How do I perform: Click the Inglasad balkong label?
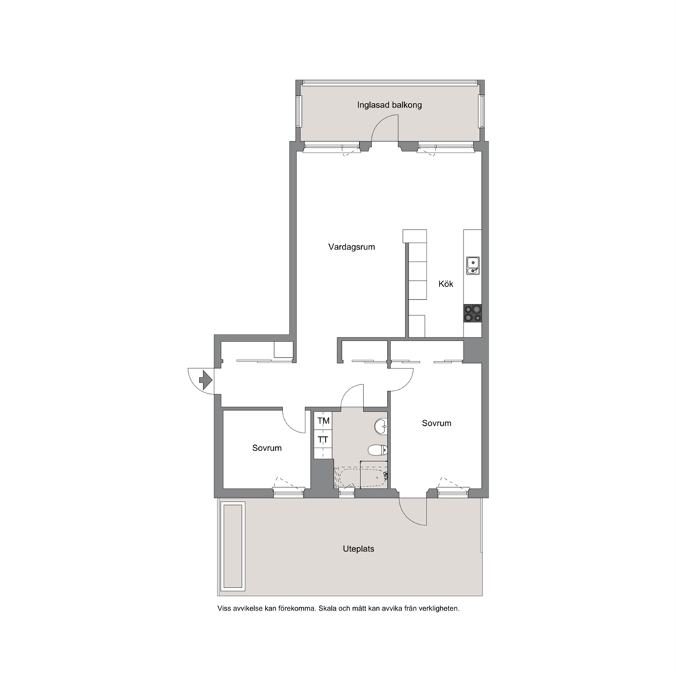(389, 105)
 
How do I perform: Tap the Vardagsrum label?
(352, 247)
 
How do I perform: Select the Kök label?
(446, 283)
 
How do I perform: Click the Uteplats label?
(358, 549)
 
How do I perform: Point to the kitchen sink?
(473, 265)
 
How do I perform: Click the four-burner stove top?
(473, 313)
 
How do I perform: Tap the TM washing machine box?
(323, 420)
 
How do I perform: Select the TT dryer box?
(323, 440)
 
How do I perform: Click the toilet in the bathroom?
(378, 450)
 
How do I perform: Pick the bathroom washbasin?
(381, 426)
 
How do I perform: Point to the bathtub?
(361, 477)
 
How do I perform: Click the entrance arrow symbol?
(204, 380)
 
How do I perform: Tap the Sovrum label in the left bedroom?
(267, 448)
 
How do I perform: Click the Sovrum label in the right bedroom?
(437, 423)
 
